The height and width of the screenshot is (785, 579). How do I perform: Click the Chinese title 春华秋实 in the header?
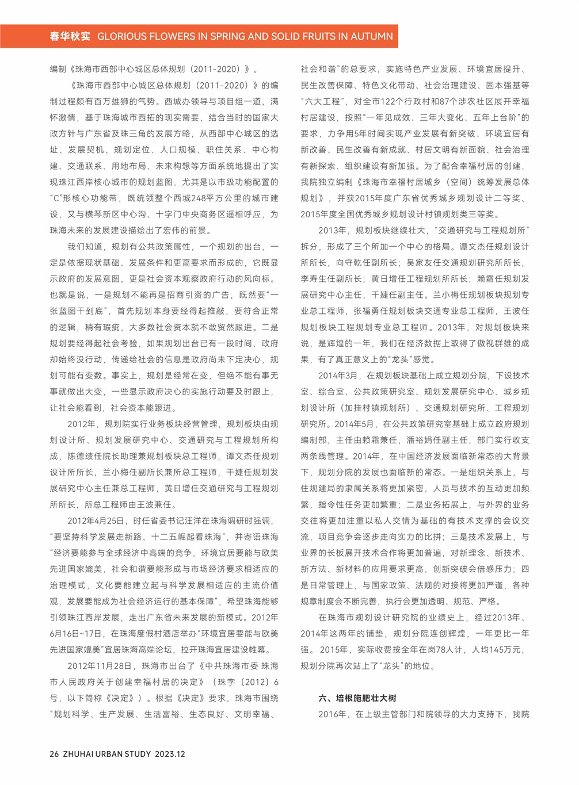pyautogui.click(x=70, y=36)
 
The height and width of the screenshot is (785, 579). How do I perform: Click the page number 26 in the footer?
pyautogui.click(x=54, y=754)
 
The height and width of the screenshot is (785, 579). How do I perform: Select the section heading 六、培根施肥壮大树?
pyautogui.click(x=357, y=698)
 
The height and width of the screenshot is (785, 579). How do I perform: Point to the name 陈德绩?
pyautogui.click(x=81, y=456)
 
